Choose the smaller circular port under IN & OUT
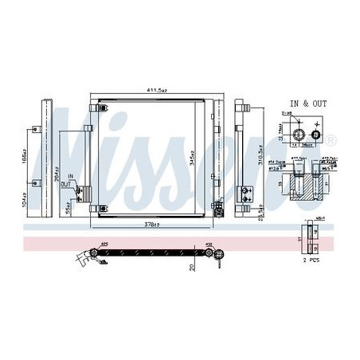point(315,135)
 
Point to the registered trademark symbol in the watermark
point(331,140)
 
